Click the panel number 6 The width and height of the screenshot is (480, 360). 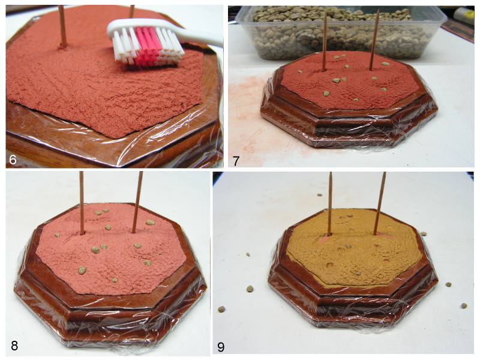pyautogui.click(x=13, y=160)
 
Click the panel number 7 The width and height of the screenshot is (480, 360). pyautogui.click(x=236, y=161)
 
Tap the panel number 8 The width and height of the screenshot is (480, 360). pyautogui.click(x=14, y=346)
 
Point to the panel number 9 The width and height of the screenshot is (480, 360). pyautogui.click(x=221, y=347)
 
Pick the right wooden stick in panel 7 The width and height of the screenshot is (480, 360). pyautogui.click(x=374, y=40)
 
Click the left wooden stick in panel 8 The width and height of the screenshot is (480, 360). pyautogui.click(x=82, y=203)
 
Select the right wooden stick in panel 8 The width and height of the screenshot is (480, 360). pyautogui.click(x=137, y=202)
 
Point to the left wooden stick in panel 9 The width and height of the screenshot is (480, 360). pyautogui.click(x=330, y=203)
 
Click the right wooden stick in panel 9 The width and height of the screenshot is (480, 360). pyautogui.click(x=380, y=203)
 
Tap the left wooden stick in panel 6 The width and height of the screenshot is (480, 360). pyautogui.click(x=62, y=26)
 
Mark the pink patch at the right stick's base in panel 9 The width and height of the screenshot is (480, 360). pyautogui.click(x=380, y=235)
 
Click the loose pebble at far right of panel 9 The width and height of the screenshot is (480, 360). pyautogui.click(x=464, y=305)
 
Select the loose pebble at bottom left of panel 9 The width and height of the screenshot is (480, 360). pyautogui.click(x=221, y=309)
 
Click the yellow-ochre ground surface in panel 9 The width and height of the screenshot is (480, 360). pyautogui.click(x=352, y=257)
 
